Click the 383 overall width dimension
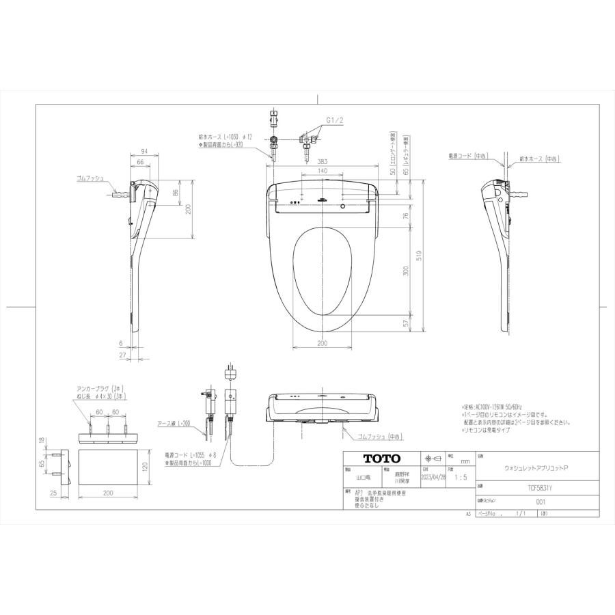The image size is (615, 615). pyautogui.click(x=322, y=162)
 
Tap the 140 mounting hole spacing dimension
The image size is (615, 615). pyautogui.click(x=322, y=170)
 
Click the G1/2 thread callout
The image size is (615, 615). pyautogui.click(x=334, y=120)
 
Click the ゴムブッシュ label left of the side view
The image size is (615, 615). pyautogui.click(x=91, y=178)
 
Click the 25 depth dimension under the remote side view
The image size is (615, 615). pyautogui.click(x=52, y=492)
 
